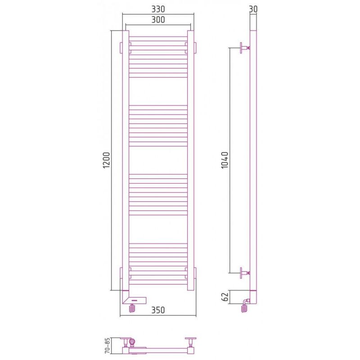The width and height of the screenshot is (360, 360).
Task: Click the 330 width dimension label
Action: point(158,9)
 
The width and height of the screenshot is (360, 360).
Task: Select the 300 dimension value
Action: point(158,20)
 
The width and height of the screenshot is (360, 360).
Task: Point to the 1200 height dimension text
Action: point(107,160)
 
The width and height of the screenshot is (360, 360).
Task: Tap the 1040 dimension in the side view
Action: point(225,160)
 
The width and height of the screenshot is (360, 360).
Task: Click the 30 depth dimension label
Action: point(253,9)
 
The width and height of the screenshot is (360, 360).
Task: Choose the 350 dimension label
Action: point(158,310)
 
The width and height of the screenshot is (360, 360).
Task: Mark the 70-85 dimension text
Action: point(107,346)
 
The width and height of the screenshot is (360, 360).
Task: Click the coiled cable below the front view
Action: point(132,308)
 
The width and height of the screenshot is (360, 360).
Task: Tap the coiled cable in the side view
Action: point(244,307)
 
